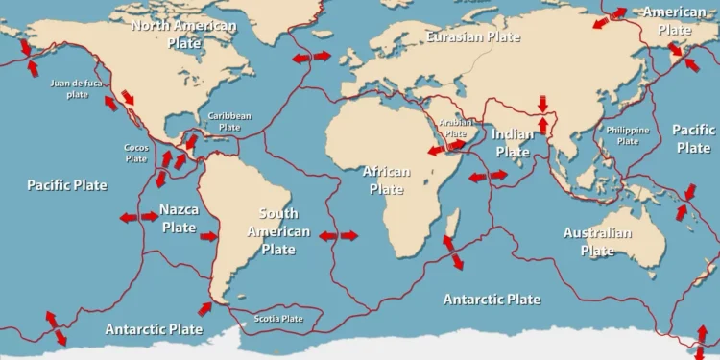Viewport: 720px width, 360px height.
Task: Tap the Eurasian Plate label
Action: point(472,36)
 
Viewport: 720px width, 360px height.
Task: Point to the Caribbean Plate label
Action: point(229,121)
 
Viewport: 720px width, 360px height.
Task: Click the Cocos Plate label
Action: point(136,153)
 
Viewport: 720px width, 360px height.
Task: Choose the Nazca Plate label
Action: point(179,218)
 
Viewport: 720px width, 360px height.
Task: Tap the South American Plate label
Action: point(278,231)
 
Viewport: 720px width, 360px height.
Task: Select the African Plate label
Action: point(386,180)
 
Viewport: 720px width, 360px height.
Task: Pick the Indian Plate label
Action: point(512,143)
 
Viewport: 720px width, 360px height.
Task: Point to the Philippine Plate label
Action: point(627,134)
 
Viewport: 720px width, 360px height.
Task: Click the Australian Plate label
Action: point(597,241)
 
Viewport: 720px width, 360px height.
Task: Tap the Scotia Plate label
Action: point(278,319)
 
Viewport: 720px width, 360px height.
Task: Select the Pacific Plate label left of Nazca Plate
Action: point(67,184)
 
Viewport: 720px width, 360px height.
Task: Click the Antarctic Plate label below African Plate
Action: point(492,300)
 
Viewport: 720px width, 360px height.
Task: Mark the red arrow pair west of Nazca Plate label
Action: point(138,218)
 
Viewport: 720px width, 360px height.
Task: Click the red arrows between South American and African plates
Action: point(338,235)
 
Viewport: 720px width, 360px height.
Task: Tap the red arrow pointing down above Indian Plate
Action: point(543,102)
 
